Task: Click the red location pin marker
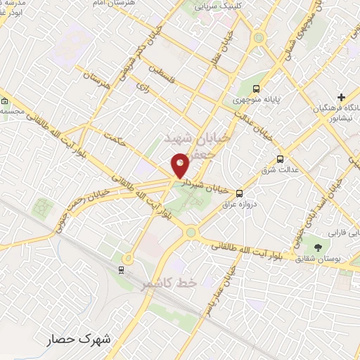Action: (x=181, y=165)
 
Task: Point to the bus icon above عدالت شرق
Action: (x=281, y=159)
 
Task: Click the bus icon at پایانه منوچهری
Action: (x=256, y=89)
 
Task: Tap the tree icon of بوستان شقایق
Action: (x=318, y=247)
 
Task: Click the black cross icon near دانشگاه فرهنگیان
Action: (x=342, y=97)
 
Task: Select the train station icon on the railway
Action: (x=122, y=269)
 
